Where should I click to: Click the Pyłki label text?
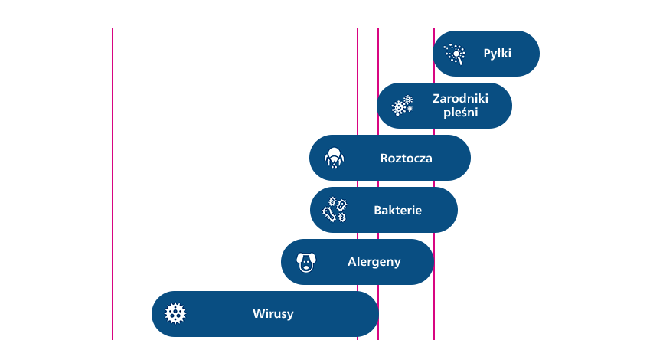click(497, 54)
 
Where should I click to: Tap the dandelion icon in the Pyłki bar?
click(456, 54)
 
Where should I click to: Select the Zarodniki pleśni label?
click(460, 106)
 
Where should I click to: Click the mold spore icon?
click(402, 106)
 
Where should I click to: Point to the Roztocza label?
click(406, 159)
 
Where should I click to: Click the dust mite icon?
click(334, 158)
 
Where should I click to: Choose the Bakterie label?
click(397, 210)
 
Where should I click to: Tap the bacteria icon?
click(334, 209)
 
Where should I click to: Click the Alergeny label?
click(374, 262)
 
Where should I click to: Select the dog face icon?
click(306, 262)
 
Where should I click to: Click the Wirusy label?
click(273, 313)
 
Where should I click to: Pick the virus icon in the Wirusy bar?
click(176, 313)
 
